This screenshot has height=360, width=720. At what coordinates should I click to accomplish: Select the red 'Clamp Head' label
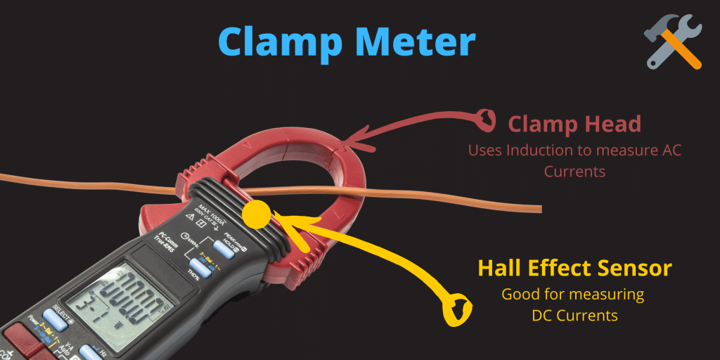coord(574,124)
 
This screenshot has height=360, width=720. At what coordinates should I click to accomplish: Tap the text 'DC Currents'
coord(574,316)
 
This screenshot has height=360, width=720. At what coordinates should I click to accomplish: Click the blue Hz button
coord(89,352)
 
